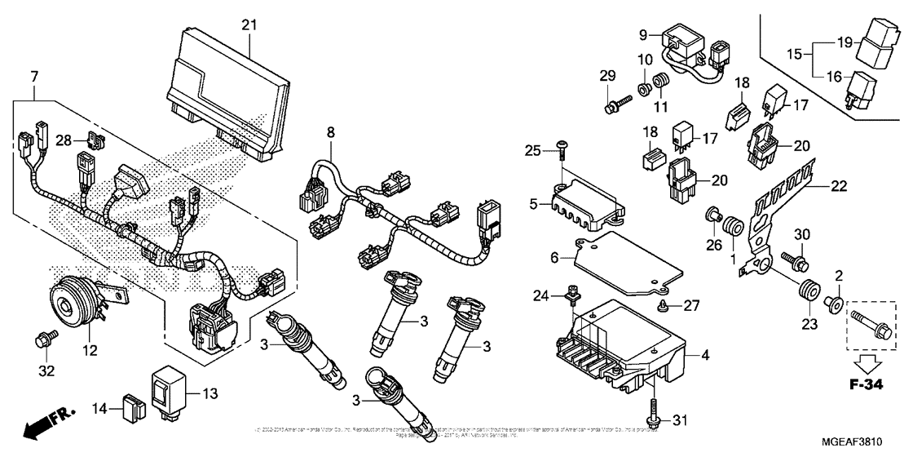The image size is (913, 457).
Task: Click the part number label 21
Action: click(x=249, y=24)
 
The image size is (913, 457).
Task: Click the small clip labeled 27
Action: click(x=663, y=305)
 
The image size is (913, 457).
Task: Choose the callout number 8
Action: click(x=331, y=131)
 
